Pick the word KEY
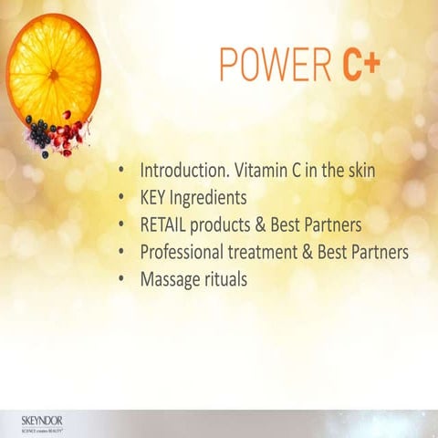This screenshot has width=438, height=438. pos(154,197)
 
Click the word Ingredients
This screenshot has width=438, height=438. pos(214,198)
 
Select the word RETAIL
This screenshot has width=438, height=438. pos(162,224)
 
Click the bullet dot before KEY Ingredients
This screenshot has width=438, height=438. pos(122,198)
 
